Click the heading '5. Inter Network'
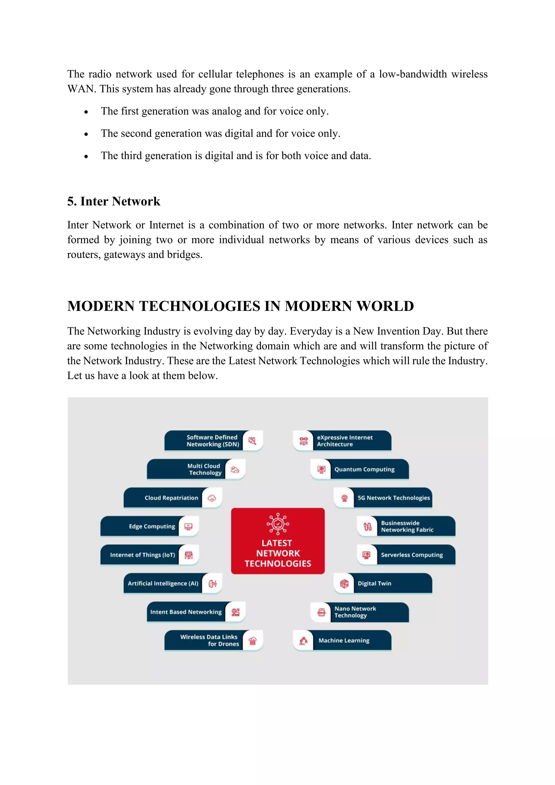pyautogui.click(x=114, y=201)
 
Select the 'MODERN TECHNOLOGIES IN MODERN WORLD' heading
pyautogui.click(x=240, y=306)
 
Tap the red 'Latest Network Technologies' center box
pyautogui.click(x=277, y=541)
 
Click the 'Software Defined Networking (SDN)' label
pyautogui.click(x=212, y=441)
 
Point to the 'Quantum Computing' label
pyautogui.click(x=364, y=469)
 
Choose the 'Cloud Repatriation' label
pyautogui.click(x=171, y=498)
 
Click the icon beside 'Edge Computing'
pyautogui.click(x=188, y=526)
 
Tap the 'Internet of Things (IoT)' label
pyautogui.click(x=142, y=555)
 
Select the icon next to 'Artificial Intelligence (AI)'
pyautogui.click(x=212, y=584)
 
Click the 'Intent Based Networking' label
pyautogui.click(x=186, y=612)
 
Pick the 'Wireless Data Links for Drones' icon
pyautogui.click(x=253, y=641)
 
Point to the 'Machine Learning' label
pyautogui.click(x=344, y=641)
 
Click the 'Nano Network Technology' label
pyautogui.click(x=355, y=612)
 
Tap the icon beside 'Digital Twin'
pyautogui.click(x=344, y=584)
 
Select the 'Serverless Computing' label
pyautogui.click(x=412, y=555)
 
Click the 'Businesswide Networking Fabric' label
pyautogui.click(x=407, y=526)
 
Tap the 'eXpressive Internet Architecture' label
pyautogui.click(x=344, y=441)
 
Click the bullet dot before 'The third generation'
pyautogui.click(x=86, y=157)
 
